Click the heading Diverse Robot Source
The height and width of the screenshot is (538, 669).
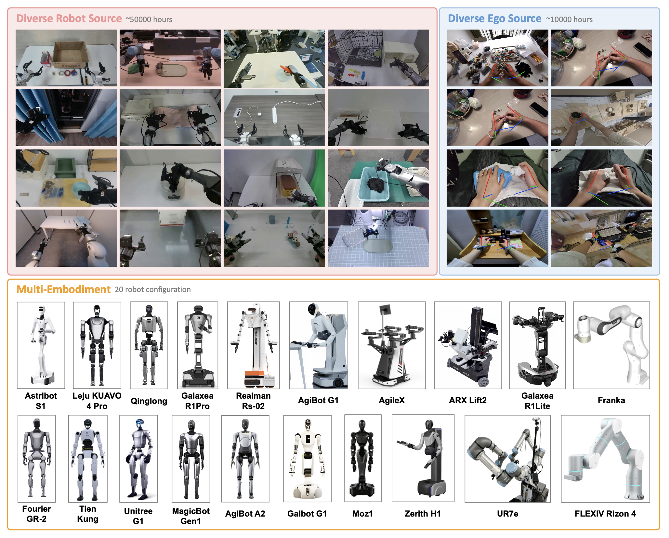coord(69,19)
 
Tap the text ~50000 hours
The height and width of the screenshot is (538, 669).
coord(149,19)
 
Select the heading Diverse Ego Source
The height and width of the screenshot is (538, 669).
coord(494,19)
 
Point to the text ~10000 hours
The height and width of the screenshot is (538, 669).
coord(569,19)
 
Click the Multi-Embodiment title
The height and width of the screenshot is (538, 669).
coord(63,289)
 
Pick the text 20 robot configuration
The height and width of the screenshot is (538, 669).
coord(153,289)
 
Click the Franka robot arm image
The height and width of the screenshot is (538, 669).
coord(611,345)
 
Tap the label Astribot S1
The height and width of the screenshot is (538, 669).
coord(41,401)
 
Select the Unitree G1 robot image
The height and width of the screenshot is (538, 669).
coord(138,458)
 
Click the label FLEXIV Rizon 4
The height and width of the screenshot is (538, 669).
coord(605,514)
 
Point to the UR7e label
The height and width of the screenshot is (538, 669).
coord(507,514)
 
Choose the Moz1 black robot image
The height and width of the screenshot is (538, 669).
coord(363,458)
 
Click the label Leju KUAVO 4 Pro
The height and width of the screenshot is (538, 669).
coord(97,401)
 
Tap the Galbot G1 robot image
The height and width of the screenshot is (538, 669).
coord(307,458)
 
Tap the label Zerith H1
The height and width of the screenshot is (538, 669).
coord(423,514)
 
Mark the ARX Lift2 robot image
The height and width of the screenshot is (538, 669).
coord(468,345)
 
